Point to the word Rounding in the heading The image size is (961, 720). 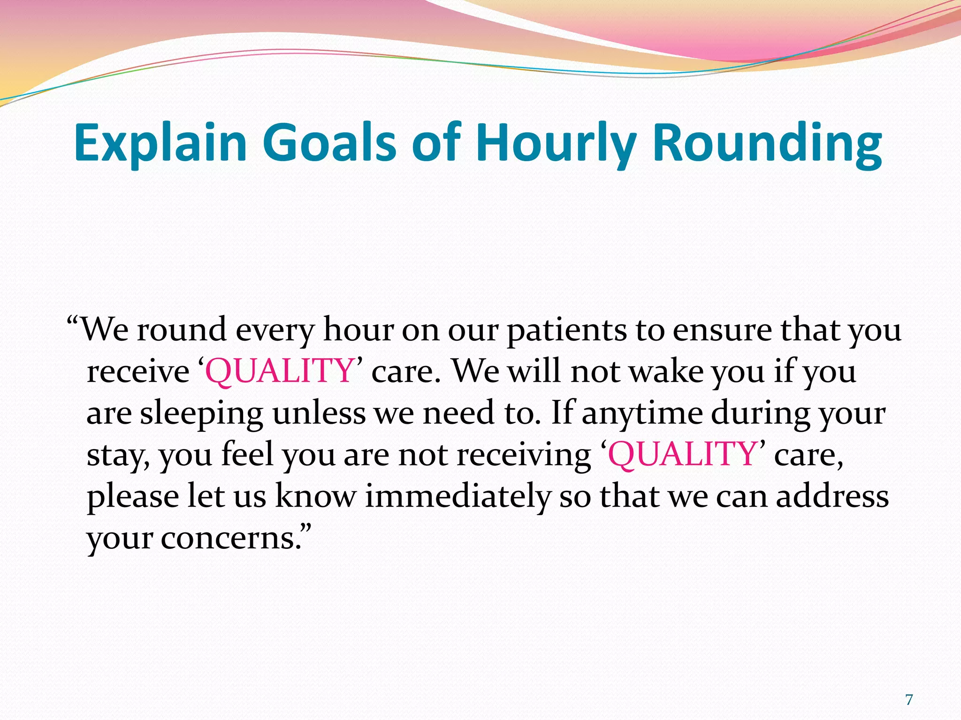[x=768, y=142]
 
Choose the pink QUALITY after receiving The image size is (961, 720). [x=682, y=455]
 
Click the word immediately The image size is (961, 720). [x=458, y=496]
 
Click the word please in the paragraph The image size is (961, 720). [x=132, y=496]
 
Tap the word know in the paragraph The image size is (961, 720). [x=315, y=496]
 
